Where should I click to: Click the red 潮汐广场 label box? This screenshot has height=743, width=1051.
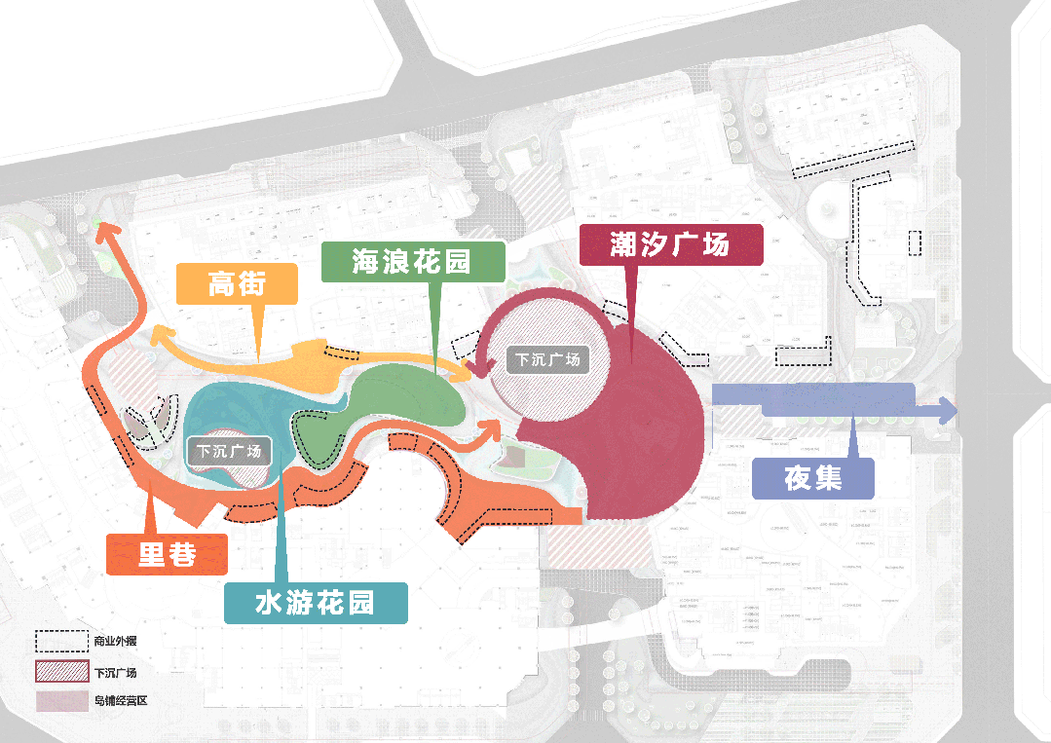(669, 244)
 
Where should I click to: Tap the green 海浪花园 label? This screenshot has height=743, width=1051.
(413, 261)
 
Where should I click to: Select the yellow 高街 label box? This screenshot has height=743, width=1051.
(237, 284)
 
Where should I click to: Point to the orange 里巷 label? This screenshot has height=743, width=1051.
(167, 554)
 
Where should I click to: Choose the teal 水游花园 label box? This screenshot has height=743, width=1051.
(315, 603)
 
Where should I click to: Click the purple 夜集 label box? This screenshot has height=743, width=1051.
(813, 478)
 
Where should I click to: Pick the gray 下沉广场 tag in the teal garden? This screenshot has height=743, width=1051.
(229, 451)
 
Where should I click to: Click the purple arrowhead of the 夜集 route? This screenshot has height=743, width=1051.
(948, 410)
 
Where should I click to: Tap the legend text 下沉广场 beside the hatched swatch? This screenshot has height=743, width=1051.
(115, 672)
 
